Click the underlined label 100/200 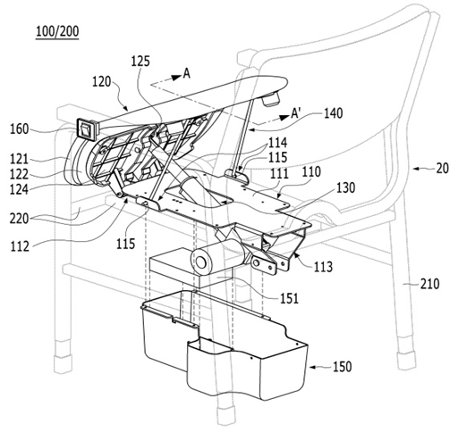[x=57, y=31]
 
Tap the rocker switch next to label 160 [x=88, y=129]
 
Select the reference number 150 [x=342, y=367]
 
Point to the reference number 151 [x=289, y=298]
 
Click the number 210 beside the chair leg [x=429, y=284]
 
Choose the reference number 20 [x=442, y=169]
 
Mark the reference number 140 [x=333, y=113]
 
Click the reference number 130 [x=346, y=187]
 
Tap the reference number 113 [x=323, y=267]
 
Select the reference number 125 [x=140, y=62]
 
